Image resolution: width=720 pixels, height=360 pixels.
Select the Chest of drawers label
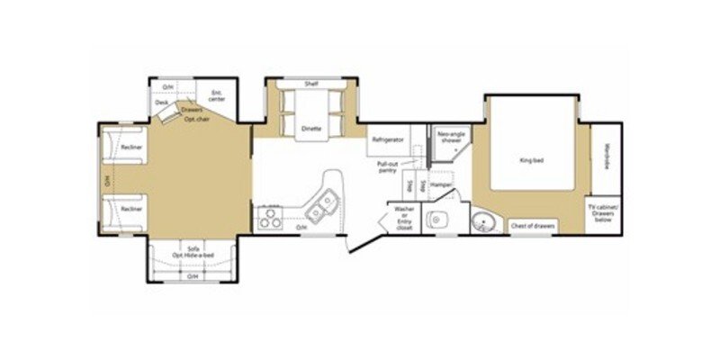(533, 226)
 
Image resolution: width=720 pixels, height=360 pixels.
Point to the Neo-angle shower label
(450, 137)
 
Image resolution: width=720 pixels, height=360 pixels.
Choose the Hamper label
(441, 184)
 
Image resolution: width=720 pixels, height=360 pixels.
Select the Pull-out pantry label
(388, 168)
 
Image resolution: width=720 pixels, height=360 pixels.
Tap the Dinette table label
(310, 128)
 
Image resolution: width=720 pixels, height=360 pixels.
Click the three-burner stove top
(271, 217)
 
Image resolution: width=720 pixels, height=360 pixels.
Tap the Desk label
(163, 103)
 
